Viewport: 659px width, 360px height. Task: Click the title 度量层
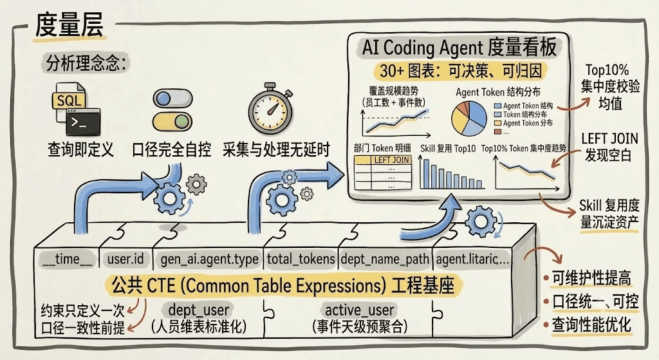tap(68, 25)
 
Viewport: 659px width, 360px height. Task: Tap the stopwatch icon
tap(270, 109)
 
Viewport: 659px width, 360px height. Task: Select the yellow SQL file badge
tap(68, 100)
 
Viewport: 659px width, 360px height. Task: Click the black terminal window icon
tap(83, 122)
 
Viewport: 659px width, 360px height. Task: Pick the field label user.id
tap(125, 259)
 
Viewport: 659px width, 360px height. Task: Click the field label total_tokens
tap(301, 259)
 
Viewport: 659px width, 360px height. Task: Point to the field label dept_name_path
tap(385, 259)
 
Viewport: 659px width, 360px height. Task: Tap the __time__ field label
tap(68, 259)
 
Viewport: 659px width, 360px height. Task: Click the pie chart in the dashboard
tap(469, 118)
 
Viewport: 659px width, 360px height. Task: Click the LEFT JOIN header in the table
tap(391, 160)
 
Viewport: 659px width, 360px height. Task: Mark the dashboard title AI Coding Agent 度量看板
tap(459, 48)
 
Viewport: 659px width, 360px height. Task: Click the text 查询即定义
tap(80, 149)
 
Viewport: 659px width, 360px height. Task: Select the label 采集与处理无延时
tap(276, 149)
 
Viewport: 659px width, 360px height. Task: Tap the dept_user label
tap(198, 310)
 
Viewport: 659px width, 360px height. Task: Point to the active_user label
tap(359, 310)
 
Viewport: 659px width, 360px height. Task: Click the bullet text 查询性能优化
tap(591, 325)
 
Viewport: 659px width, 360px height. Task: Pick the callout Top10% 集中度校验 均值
tap(610, 86)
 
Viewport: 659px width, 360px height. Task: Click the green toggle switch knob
tap(181, 122)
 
